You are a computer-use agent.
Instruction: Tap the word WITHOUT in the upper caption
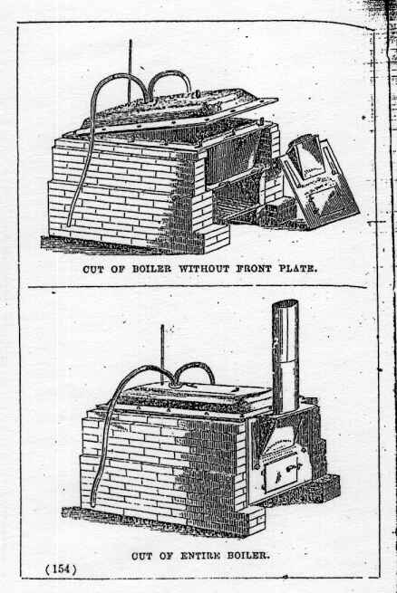tap(204, 269)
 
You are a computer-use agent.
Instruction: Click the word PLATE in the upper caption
tap(298, 269)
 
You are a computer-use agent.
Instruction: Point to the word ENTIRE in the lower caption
tap(199, 556)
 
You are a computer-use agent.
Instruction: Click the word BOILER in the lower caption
tap(247, 556)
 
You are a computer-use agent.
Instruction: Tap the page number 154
tap(61, 569)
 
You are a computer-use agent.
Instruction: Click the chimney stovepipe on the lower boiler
tap(285, 356)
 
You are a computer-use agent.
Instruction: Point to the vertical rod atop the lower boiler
tap(162, 354)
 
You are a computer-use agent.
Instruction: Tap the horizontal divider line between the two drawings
tap(198, 286)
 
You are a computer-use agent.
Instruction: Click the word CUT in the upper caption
tap(93, 269)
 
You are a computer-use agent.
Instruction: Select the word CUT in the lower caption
tap(142, 556)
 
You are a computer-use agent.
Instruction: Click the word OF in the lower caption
tap(166, 556)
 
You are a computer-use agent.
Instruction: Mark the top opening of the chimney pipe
tap(286, 303)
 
